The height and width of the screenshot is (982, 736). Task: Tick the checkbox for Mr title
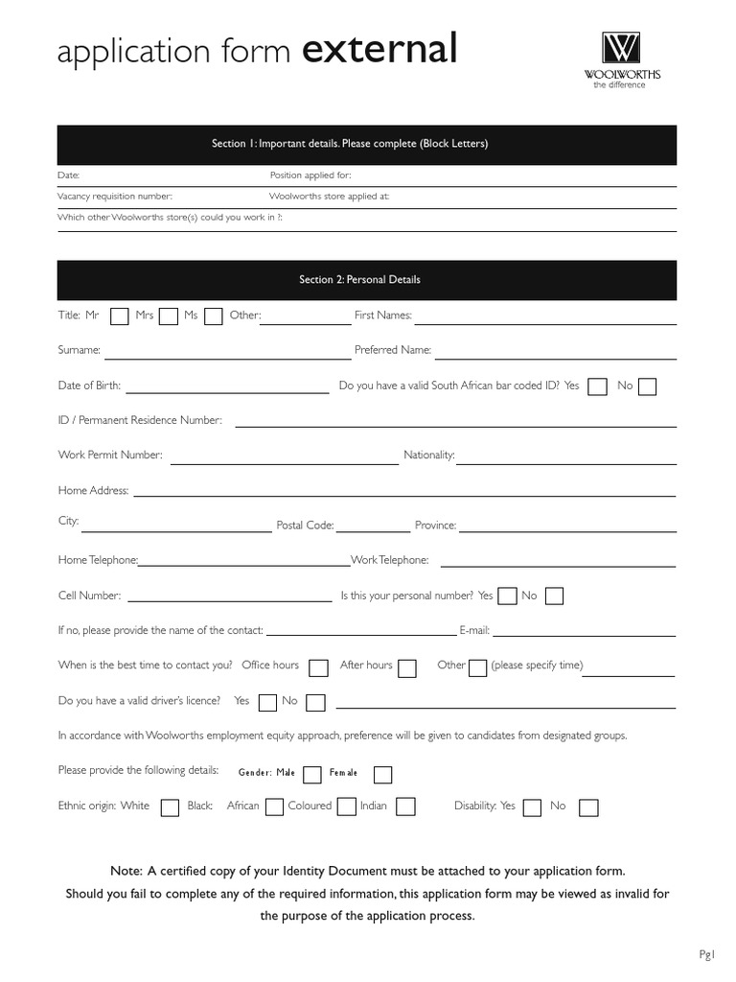coord(120,316)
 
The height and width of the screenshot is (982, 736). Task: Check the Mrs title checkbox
coord(169,316)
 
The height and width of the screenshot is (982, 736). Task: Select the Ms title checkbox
coord(214,316)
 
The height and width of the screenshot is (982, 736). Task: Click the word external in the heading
coord(379,49)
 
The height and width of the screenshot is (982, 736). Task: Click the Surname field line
coord(228,357)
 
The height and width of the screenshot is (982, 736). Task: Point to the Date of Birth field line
coord(227,391)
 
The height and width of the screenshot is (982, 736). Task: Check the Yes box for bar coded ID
coord(597,386)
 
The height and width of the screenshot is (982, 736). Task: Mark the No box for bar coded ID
coord(648,386)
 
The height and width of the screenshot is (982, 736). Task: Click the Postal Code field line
coord(373,530)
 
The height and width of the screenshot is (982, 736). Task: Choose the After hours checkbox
coord(407,668)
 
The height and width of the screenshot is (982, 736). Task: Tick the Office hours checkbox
coord(319,668)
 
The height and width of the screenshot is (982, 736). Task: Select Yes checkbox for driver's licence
coord(268,703)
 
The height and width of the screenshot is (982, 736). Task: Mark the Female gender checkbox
coord(382,775)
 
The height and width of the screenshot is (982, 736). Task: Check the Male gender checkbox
coord(312,775)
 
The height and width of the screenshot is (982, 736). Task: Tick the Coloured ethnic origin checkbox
coord(347,807)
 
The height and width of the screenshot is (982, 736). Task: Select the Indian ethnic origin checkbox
coord(405,807)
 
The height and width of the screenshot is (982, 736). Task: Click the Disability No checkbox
coord(589,807)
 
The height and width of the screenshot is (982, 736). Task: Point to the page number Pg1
coord(707,953)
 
